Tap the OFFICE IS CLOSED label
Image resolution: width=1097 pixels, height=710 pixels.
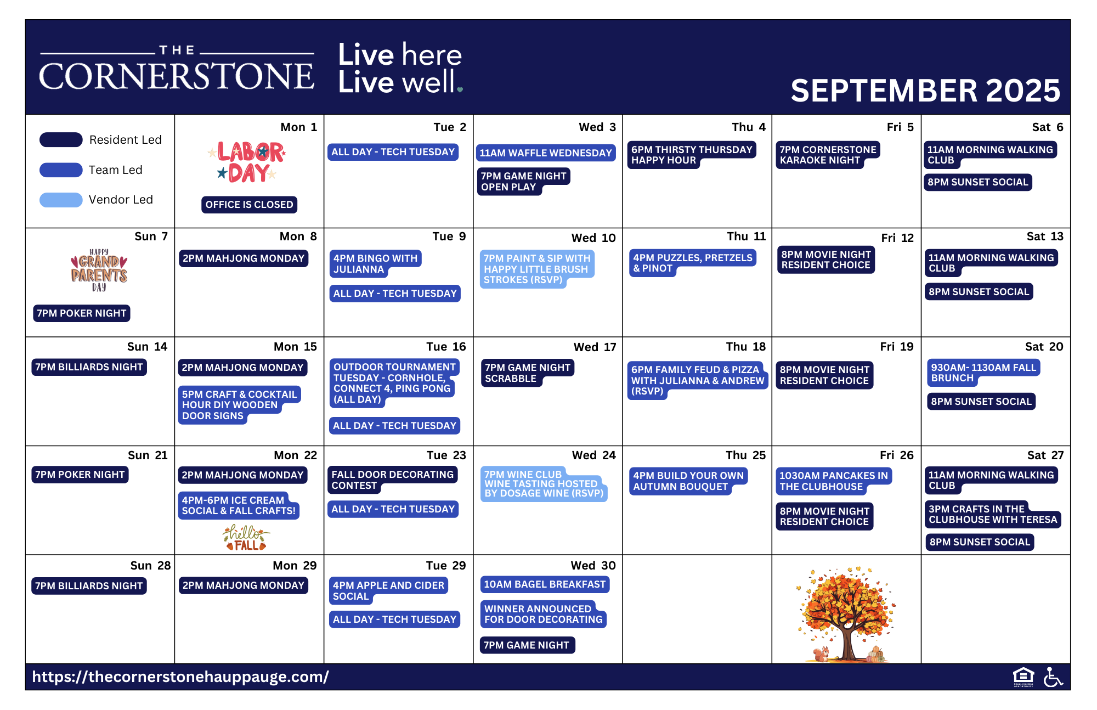pos(249,205)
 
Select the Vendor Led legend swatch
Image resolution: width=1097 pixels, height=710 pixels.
pos(61,200)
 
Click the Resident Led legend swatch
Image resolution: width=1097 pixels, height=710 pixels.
pos(61,140)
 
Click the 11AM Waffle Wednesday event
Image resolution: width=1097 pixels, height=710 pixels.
pos(546,153)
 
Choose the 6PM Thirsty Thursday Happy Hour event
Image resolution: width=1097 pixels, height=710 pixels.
pos(692,155)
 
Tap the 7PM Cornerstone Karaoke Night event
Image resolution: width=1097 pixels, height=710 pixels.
pos(828,155)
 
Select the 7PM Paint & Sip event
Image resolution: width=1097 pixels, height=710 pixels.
pos(537,269)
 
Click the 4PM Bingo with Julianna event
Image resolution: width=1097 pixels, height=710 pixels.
pos(375,264)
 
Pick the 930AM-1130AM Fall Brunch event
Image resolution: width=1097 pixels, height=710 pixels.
pos(983,373)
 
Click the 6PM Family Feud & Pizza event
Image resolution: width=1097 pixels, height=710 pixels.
pos(698,380)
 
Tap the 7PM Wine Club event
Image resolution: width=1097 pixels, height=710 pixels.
pos(544,484)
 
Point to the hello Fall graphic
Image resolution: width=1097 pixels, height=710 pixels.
pos(246,538)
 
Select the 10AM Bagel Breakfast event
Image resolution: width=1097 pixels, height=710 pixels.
pos(545,585)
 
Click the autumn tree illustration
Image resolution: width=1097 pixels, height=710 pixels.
pos(846,614)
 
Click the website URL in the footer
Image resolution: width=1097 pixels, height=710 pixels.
pos(180,677)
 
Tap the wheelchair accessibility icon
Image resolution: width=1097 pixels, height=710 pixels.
pos(1053,677)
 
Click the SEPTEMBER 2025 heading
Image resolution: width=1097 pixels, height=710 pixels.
pos(925,91)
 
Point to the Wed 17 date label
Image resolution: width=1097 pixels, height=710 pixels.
pos(595,347)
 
